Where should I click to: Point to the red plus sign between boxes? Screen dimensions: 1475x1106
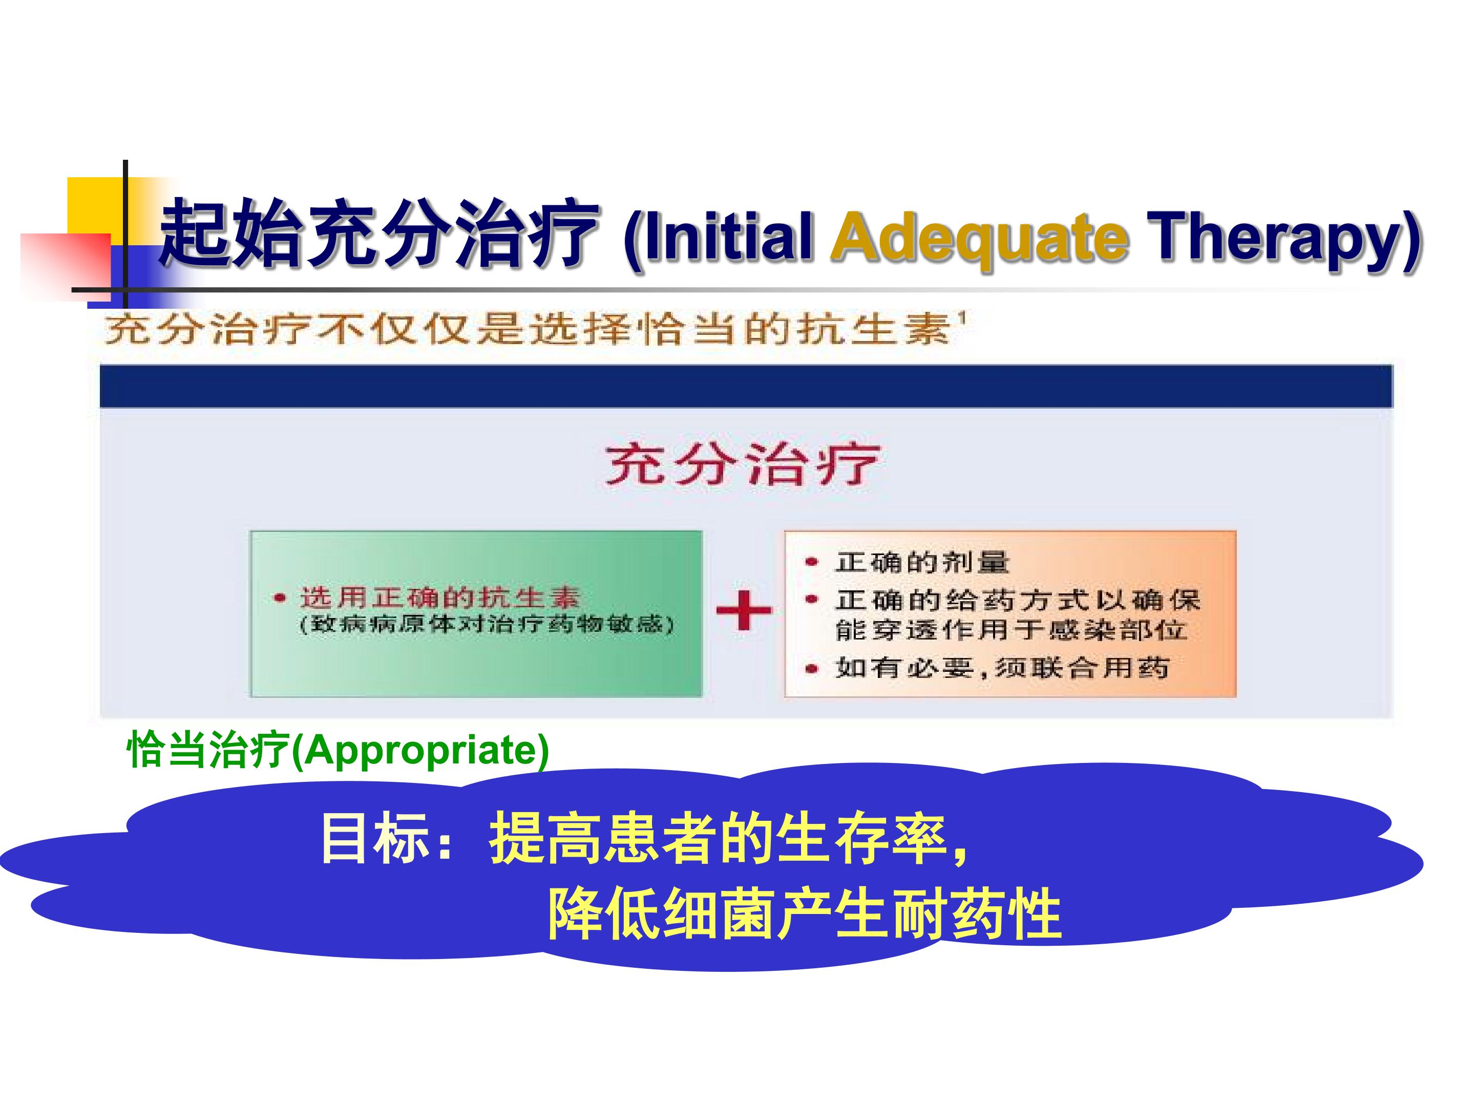click(x=744, y=609)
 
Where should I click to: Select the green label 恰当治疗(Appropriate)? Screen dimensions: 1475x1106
click(x=338, y=750)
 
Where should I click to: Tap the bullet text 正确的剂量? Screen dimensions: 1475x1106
click(x=922, y=562)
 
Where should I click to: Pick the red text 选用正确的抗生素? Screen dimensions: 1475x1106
click(x=439, y=597)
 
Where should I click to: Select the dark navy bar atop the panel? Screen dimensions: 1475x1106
click(x=746, y=386)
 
